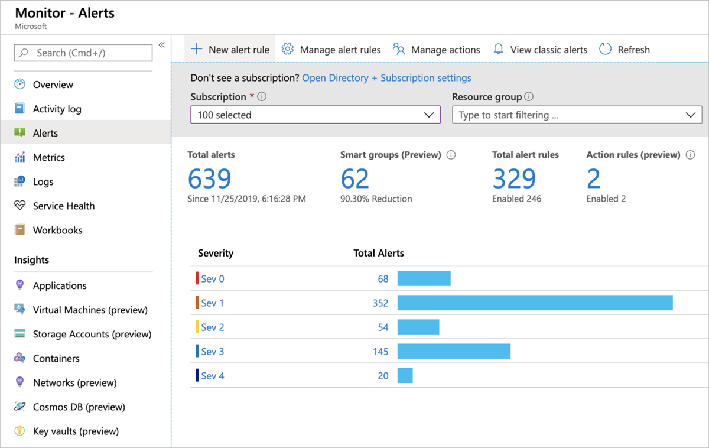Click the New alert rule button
230,50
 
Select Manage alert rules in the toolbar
331,50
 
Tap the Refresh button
625,50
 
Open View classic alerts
541,50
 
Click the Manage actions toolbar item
437,50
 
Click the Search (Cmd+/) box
83,53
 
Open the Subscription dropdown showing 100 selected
316,115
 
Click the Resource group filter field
577,115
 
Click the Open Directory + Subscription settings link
386,78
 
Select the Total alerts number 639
209,178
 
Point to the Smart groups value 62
354,178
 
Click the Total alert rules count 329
514,178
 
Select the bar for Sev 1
535,303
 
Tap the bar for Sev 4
405,375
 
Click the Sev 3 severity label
212,352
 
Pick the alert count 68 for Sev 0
383,279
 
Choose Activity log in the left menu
57,109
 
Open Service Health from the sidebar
63,206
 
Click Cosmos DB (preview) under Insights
79,407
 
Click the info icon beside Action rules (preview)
690,155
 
